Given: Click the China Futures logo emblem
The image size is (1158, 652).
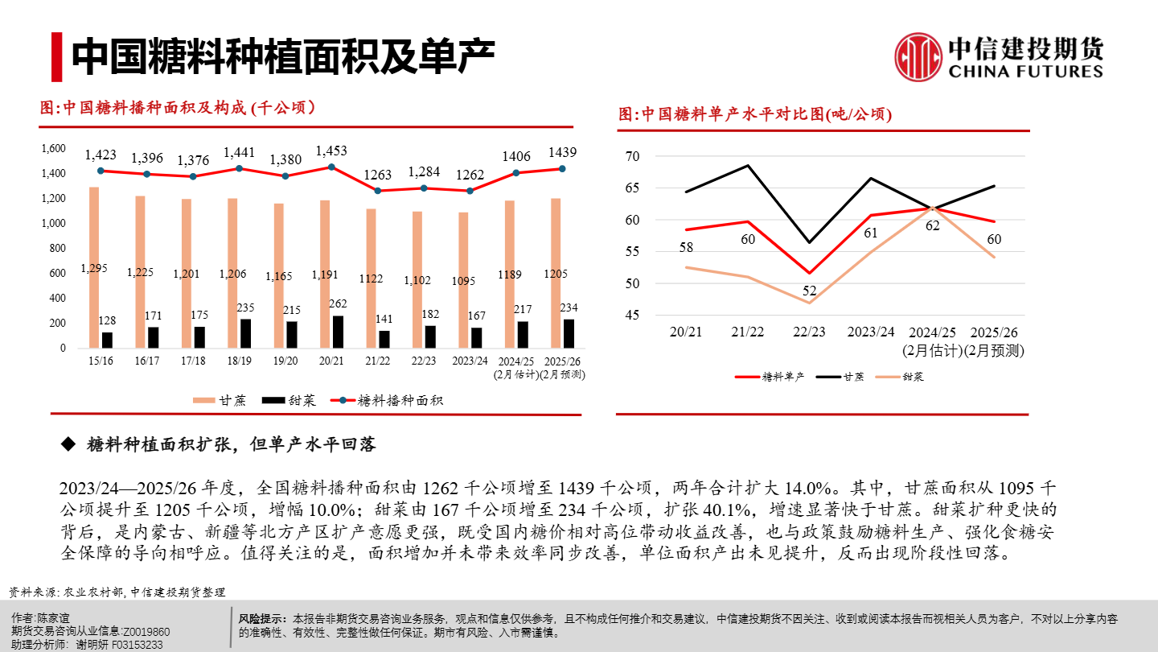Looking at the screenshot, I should (x=918, y=56).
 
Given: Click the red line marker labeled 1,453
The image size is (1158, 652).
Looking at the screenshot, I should (x=331, y=167).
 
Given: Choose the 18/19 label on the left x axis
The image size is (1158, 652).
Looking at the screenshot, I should (x=239, y=361).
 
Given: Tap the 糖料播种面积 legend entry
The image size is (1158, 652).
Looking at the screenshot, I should (x=389, y=400).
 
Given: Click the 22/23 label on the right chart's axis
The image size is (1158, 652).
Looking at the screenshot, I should (x=808, y=332).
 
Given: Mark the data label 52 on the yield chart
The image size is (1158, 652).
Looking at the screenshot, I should (x=809, y=291).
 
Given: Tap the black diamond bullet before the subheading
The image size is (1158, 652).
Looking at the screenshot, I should (x=68, y=444).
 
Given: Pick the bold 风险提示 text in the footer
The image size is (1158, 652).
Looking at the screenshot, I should (x=262, y=619).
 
